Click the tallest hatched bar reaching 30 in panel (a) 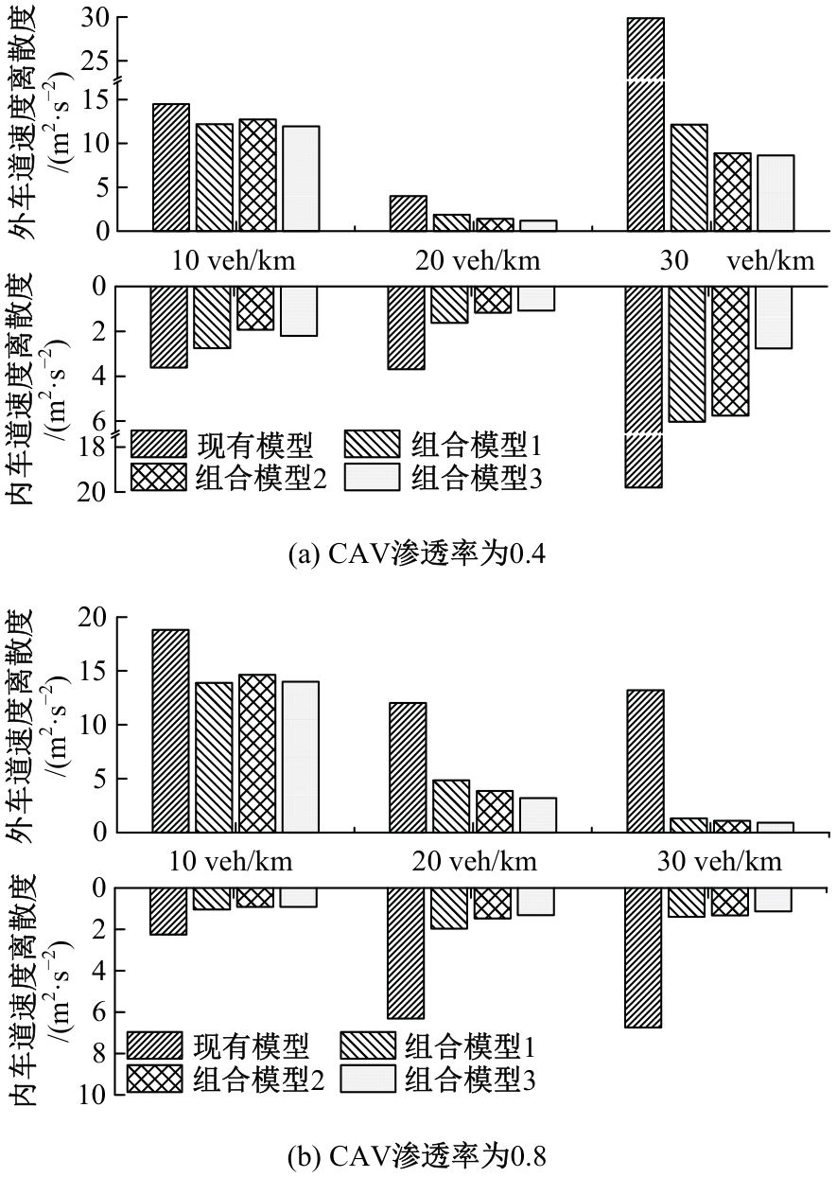[645, 123]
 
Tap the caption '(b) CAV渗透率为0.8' [417, 1155]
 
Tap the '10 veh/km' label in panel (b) [232, 861]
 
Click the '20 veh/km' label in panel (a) [477, 260]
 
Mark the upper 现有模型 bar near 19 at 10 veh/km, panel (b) [170, 730]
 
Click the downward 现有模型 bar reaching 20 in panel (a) [643, 386]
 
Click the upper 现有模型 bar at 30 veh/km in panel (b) [645, 761]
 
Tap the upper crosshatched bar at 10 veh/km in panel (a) [258, 175]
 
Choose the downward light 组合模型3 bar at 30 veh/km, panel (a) [774, 317]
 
